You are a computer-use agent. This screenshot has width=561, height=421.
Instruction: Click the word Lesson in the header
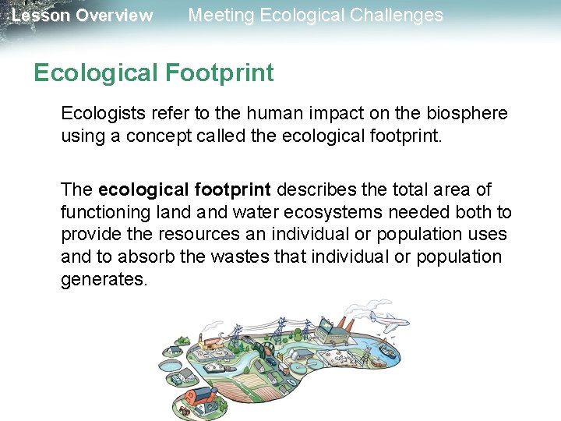pyautogui.click(x=39, y=16)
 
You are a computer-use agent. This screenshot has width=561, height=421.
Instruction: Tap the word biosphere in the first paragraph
pyautogui.click(x=465, y=113)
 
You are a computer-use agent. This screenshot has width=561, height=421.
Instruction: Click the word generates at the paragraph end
pyautogui.click(x=104, y=279)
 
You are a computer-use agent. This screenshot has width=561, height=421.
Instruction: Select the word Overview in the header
pyautogui.click(x=114, y=16)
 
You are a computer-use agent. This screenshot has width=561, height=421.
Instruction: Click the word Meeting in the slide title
pyautogui.click(x=221, y=15)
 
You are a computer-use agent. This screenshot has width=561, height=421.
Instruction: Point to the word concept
pyautogui.click(x=156, y=136)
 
